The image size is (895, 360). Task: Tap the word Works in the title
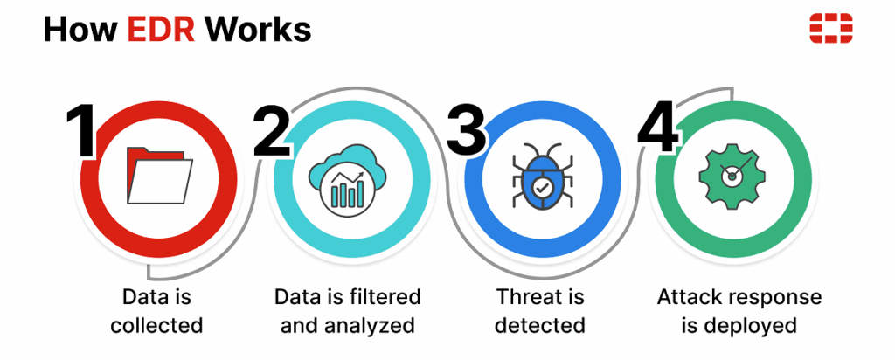click(258, 30)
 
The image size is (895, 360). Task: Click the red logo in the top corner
click(829, 29)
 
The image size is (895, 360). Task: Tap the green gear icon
click(732, 175)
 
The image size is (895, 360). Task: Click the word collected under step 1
click(156, 326)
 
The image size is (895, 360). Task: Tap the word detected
click(539, 326)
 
